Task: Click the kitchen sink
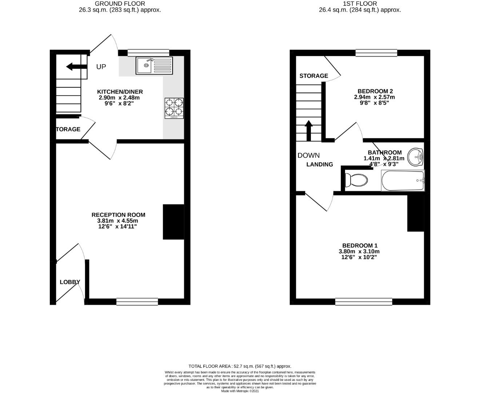tap(154, 65)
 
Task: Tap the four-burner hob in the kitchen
tap(174, 108)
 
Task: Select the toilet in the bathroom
tap(356, 180)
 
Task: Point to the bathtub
tap(403, 180)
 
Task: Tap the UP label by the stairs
tap(101, 67)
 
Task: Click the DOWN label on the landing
tap(308, 155)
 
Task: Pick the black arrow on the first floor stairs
tap(308, 130)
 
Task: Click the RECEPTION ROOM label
tap(118, 215)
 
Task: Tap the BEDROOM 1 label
tap(360, 246)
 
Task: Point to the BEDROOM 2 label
tap(375, 91)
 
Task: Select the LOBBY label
tap(70, 282)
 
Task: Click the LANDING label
tap(320, 164)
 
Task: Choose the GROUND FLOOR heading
tap(120, 4)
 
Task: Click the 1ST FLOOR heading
tap(360, 4)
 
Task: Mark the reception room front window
tap(137, 301)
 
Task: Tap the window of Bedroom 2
tap(376, 53)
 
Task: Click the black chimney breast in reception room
tap(173, 222)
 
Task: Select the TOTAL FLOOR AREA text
tap(240, 366)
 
